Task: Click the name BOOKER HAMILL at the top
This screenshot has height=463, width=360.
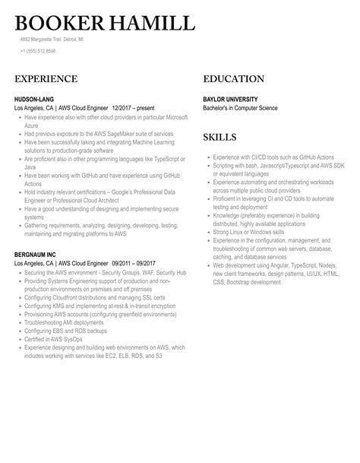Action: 104,23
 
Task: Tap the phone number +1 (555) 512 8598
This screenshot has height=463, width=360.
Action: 38,51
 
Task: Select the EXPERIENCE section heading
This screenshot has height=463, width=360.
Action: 46,79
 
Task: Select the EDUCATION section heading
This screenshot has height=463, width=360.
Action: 234,79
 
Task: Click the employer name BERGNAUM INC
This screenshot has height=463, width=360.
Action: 38,254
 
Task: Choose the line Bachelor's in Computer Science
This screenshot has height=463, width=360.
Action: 240,108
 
